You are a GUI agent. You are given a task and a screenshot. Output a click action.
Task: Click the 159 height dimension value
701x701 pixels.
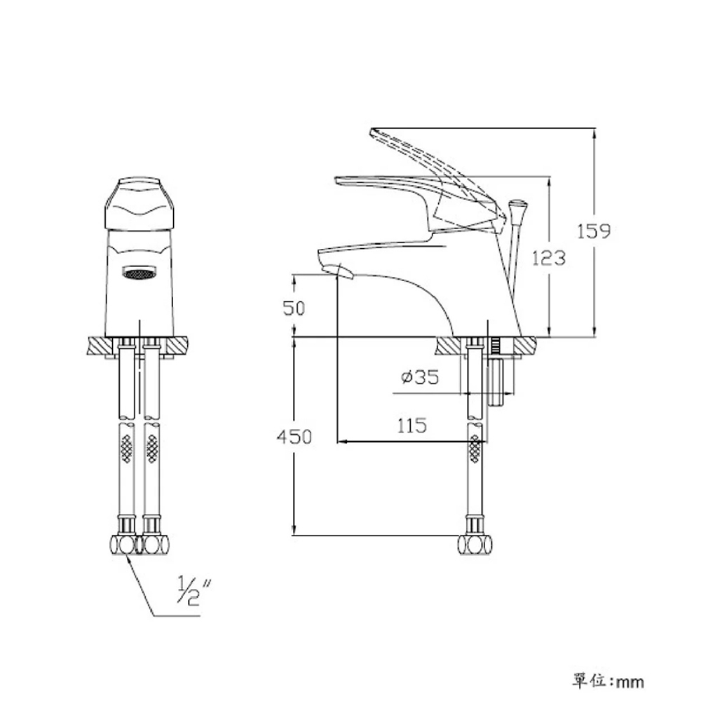593,231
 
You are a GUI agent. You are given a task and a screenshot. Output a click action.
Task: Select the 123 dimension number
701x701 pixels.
549,258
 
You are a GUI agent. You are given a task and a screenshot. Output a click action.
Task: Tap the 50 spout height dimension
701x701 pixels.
294,308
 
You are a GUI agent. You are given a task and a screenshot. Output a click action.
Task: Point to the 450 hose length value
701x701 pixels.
294,437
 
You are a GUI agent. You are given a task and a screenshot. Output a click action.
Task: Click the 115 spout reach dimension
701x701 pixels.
411,426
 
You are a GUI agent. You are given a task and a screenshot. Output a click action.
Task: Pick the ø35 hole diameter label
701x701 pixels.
420,377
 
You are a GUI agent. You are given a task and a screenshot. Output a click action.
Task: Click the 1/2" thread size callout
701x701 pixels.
194,591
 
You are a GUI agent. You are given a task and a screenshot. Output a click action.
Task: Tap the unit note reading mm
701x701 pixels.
630,682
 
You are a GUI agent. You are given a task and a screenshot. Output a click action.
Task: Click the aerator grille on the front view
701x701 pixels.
139,273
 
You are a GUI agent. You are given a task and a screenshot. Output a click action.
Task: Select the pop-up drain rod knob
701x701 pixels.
518,207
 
